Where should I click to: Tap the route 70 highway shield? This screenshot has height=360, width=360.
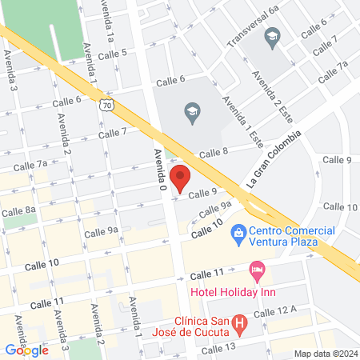coord(118,105)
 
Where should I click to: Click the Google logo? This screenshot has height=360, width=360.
coord(27,350)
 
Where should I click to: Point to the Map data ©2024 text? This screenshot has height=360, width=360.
coord(324,353)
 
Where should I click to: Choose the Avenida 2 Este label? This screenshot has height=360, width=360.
coord(270,94)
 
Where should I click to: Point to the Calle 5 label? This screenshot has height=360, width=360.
coord(113,53)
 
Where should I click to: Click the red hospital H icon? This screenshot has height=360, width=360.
coord(238,325)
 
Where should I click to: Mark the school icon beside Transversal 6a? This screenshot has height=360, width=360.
coord(272,36)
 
